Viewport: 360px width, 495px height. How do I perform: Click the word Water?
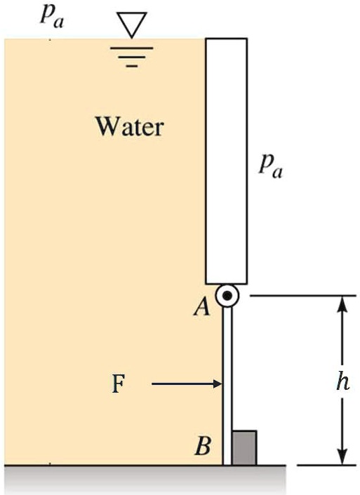click(x=129, y=127)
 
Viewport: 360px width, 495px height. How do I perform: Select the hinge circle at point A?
click(x=226, y=296)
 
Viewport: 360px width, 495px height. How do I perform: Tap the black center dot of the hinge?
click(x=226, y=296)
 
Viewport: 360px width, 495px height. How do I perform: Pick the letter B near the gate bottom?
click(x=203, y=446)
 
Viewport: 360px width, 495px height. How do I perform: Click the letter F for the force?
click(x=119, y=384)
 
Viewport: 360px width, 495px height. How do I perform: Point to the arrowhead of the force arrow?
click(x=217, y=384)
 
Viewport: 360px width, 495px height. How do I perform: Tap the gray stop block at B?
click(x=244, y=447)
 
